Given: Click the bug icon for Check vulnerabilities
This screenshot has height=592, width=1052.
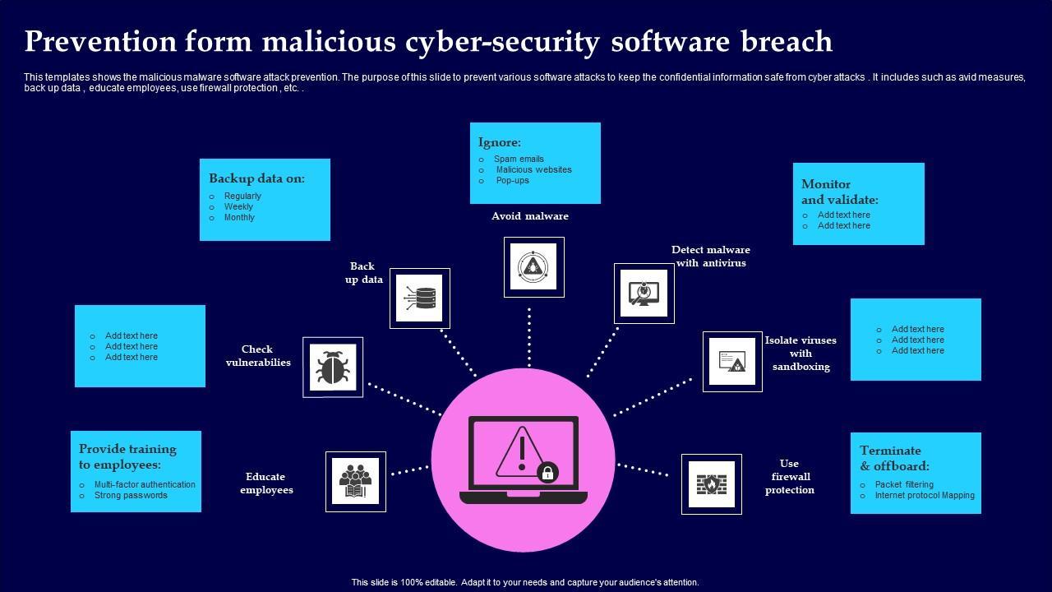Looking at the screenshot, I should (333, 367).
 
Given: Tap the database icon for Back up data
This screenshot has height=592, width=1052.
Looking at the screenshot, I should (420, 298).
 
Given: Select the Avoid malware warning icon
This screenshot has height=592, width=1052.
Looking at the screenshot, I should (533, 266).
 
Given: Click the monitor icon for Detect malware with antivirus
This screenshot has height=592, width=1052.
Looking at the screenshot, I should (644, 293).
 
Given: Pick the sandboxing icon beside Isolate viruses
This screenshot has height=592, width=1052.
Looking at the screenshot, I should (732, 362).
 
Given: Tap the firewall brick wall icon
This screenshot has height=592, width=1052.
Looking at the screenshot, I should (711, 483).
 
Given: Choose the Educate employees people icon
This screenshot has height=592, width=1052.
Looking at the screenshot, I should (355, 481).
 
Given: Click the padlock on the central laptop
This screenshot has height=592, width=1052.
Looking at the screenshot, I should (547, 472).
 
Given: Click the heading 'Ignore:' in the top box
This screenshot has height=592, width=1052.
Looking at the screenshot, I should (500, 142).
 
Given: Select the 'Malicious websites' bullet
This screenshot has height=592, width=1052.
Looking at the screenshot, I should (533, 169).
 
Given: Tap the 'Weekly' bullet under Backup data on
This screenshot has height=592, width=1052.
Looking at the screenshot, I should (238, 206).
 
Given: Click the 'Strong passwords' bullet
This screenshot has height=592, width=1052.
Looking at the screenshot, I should (131, 495).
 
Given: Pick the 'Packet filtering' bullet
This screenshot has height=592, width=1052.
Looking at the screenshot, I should (904, 484).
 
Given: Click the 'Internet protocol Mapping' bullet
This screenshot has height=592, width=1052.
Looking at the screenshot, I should (925, 495).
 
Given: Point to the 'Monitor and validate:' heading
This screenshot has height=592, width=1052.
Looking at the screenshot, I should (839, 192).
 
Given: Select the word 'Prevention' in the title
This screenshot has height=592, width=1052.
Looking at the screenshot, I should (100, 41).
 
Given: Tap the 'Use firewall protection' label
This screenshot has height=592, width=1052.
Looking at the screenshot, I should (789, 476).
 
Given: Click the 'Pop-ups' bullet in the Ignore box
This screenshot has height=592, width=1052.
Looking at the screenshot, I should (512, 180).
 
